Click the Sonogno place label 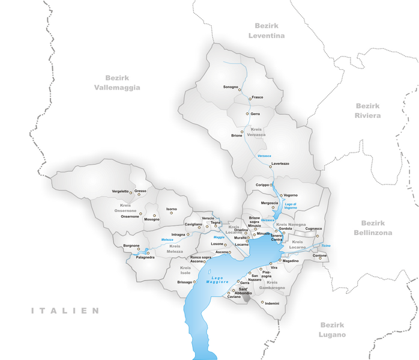pos(231,87)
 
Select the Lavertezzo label pos(280,163)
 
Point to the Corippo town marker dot pos(271,185)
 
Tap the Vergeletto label pos(120,191)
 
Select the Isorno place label pos(172,209)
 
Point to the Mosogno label pos(152,219)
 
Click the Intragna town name pos(178,234)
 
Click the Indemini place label pos(272,304)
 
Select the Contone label pos(319,255)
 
